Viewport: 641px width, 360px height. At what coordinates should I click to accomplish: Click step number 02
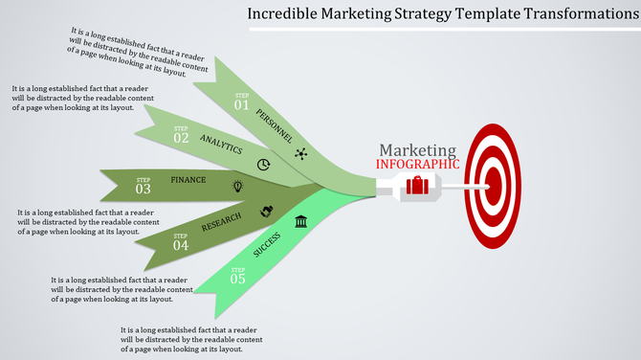(x=181, y=137)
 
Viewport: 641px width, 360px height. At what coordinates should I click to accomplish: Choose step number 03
(x=144, y=189)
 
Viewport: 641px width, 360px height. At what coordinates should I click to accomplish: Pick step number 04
(x=181, y=245)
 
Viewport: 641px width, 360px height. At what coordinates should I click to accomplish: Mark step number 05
(x=237, y=279)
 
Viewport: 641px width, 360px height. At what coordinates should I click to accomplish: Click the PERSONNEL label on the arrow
(x=275, y=126)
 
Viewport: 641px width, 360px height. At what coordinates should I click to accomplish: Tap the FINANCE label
(x=188, y=180)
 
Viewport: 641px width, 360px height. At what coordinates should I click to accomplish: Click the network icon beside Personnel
(x=301, y=154)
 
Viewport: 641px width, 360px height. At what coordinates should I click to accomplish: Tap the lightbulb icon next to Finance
(x=237, y=184)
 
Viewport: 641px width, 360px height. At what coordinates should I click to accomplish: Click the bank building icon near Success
(x=301, y=223)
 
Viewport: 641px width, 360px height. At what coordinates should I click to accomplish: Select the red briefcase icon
(x=417, y=185)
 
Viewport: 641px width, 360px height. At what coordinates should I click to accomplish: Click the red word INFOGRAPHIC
(x=418, y=164)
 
